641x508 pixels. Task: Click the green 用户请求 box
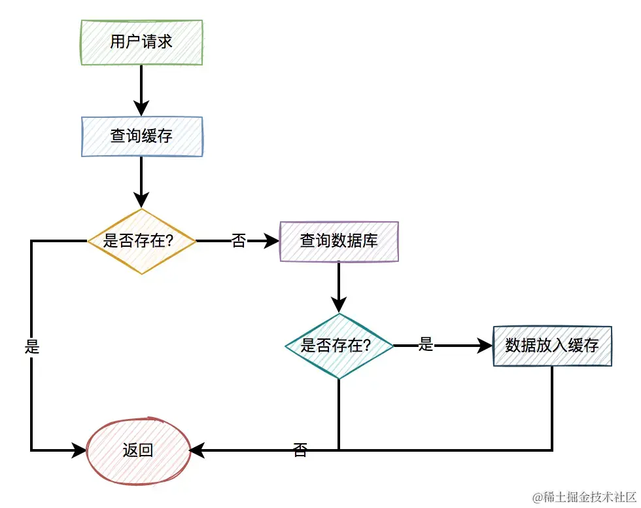pyautogui.click(x=141, y=43)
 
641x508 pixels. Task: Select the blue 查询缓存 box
pyautogui.click(x=141, y=136)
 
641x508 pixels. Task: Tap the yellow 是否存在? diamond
pyautogui.click(x=141, y=241)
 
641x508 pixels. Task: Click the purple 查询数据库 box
pyautogui.click(x=339, y=241)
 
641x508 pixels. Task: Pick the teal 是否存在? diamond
pyautogui.click(x=339, y=346)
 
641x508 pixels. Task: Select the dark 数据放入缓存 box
pyautogui.click(x=552, y=346)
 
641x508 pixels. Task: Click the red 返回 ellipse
pyautogui.click(x=139, y=450)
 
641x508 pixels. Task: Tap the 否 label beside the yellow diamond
pyautogui.click(x=239, y=242)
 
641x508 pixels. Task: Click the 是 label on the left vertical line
pyautogui.click(x=32, y=347)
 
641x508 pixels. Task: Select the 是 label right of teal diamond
pyautogui.click(x=426, y=345)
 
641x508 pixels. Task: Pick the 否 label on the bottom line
pyautogui.click(x=300, y=450)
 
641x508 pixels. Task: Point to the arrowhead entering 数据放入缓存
pyautogui.click(x=485, y=346)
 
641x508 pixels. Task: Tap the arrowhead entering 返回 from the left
pyautogui.click(x=80, y=450)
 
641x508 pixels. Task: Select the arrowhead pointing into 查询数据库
pyautogui.click(x=272, y=241)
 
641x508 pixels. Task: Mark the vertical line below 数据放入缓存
pyautogui.click(x=552, y=406)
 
